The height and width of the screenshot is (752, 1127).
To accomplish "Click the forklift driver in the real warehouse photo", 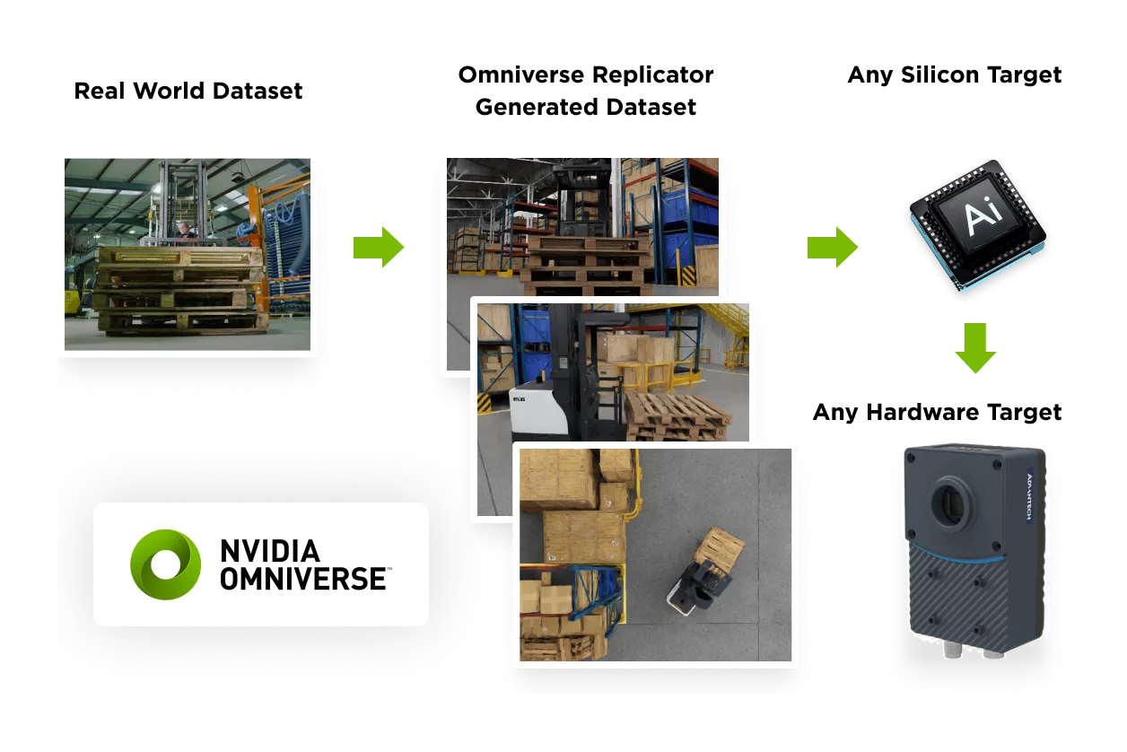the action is point(184,231).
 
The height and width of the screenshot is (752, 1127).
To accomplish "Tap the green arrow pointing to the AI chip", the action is point(832,247).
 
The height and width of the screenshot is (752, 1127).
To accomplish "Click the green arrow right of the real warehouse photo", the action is point(378,247).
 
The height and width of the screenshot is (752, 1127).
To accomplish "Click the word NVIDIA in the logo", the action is point(270,550).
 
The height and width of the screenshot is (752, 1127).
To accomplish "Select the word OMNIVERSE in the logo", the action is point(303,579).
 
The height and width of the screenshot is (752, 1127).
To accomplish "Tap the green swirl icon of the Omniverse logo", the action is point(165,564).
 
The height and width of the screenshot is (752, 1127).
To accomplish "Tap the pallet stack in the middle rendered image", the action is point(677,415).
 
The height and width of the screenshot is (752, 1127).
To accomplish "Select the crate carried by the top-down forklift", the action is point(720,547).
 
